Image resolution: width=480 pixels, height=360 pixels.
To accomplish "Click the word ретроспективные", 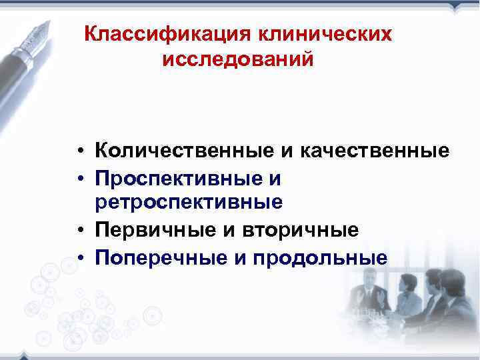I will [x=189, y=201].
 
